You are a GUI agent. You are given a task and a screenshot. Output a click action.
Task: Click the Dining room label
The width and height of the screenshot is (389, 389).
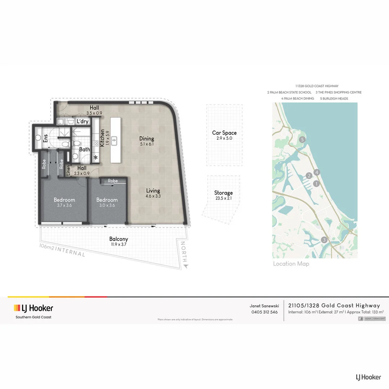tap(147, 139)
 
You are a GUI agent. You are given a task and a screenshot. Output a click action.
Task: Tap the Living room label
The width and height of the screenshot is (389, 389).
tap(153, 191)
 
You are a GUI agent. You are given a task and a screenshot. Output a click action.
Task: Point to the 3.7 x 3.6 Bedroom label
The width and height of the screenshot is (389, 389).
tap(64, 200)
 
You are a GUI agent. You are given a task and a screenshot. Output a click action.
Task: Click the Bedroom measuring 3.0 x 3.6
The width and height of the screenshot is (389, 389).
tap(107, 200)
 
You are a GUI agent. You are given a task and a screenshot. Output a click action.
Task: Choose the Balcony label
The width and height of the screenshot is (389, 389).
tap(119, 239)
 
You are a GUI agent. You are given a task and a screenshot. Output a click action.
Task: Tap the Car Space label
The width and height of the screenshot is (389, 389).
tap(224, 133)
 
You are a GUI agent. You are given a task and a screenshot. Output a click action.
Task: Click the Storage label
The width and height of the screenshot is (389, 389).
tap(223, 193)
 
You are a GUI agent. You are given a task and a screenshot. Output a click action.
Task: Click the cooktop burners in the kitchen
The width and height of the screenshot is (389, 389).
tap(96, 143)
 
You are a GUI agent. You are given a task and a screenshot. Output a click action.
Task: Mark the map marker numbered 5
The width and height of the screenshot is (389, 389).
tap(303, 139)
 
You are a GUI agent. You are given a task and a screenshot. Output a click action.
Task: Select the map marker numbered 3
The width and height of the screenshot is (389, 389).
tap(324, 240)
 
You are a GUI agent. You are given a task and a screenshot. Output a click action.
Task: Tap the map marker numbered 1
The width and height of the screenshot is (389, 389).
tap(317, 184)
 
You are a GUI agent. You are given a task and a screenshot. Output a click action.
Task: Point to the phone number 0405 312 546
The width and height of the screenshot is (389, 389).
tap(264, 312)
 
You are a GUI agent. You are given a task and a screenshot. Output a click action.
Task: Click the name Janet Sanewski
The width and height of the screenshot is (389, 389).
tap(264, 305)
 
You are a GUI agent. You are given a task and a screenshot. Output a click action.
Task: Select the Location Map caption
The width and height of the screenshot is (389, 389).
tap(291, 264)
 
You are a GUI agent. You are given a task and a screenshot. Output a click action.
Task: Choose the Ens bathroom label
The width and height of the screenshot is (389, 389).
tap(45, 138)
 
